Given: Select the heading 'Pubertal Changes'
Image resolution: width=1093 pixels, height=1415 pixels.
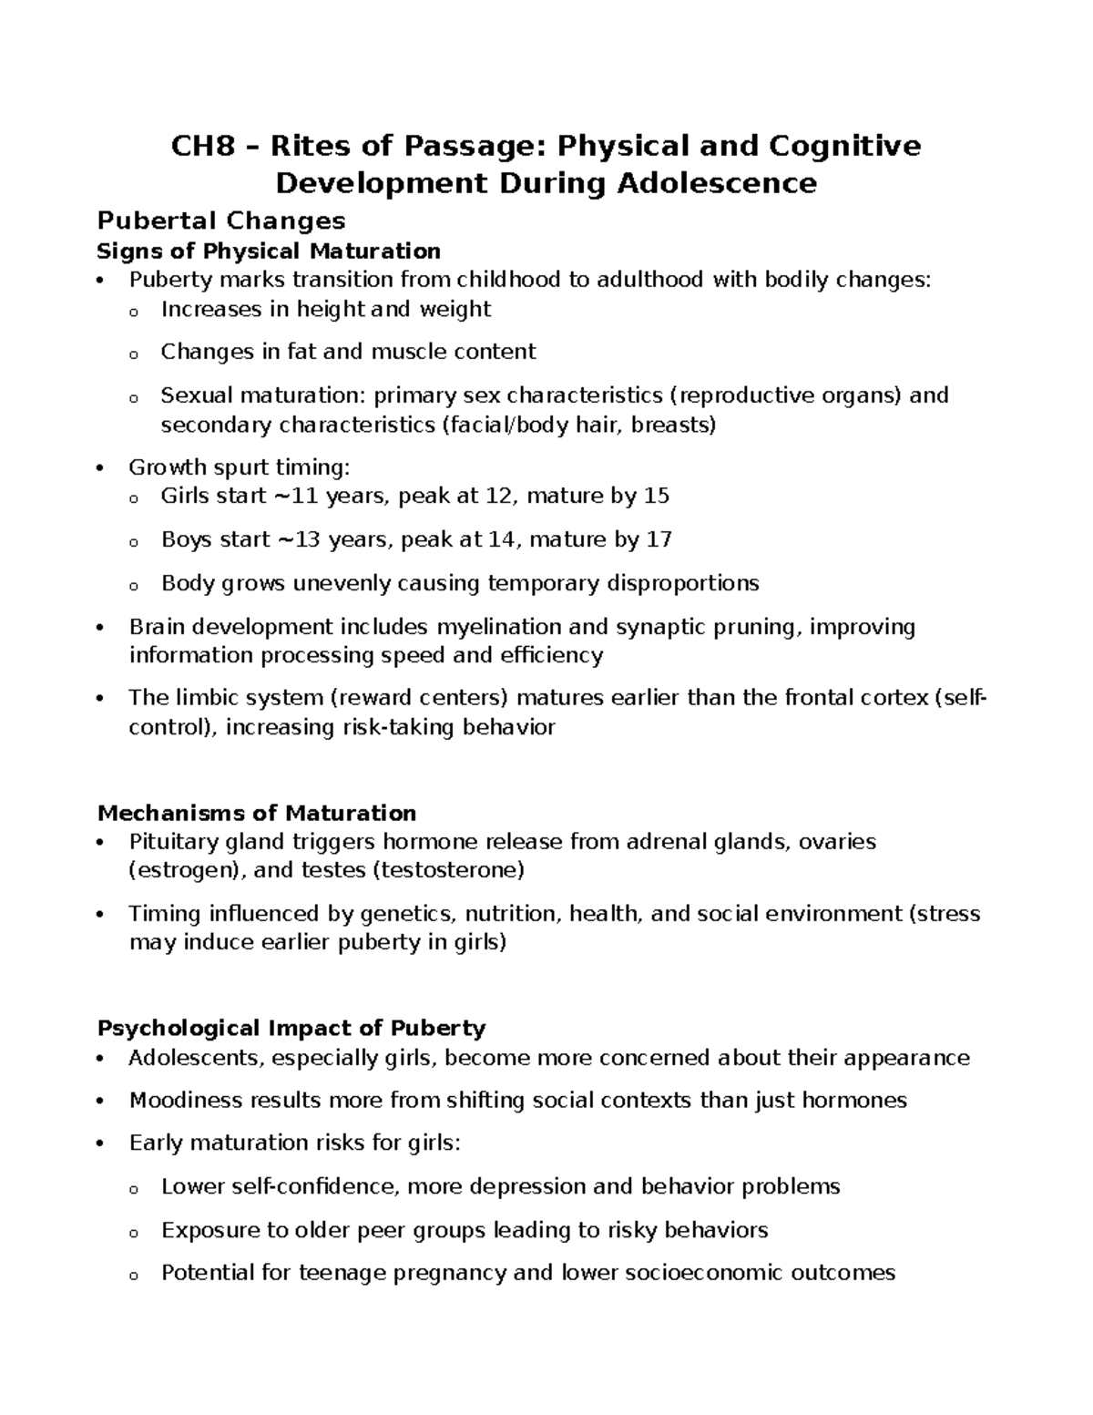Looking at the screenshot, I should pyautogui.click(x=221, y=220).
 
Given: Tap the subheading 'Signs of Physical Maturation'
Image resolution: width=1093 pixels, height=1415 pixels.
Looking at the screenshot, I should pyautogui.click(x=269, y=251).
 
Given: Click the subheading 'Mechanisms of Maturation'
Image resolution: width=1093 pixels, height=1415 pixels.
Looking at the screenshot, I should pyautogui.click(x=257, y=812).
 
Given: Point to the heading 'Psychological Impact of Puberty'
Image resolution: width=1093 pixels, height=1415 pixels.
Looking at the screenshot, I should pyautogui.click(x=291, y=1028).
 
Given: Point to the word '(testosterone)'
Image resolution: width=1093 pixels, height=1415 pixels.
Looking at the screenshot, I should pyautogui.click(x=448, y=870).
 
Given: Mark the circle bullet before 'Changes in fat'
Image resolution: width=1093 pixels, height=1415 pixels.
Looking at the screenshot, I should pyautogui.click(x=134, y=354).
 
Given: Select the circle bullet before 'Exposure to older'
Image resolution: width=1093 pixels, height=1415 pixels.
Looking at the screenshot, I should pyautogui.click(x=134, y=1232).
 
